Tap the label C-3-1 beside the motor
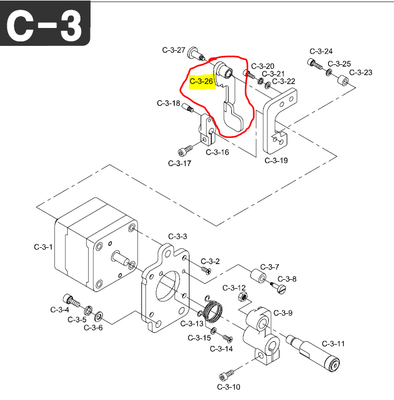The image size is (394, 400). pos(42,247)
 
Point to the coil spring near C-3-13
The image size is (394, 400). pos(213,309)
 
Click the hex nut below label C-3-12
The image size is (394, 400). pos(242,296)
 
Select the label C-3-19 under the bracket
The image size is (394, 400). pos(276,161)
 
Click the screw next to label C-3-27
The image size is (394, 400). pos(197,54)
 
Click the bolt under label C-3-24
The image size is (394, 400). pos(315,64)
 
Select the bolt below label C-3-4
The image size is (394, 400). pos(68,299)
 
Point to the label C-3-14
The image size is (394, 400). pos(221,349)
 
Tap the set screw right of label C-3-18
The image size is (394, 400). pos(188,107)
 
